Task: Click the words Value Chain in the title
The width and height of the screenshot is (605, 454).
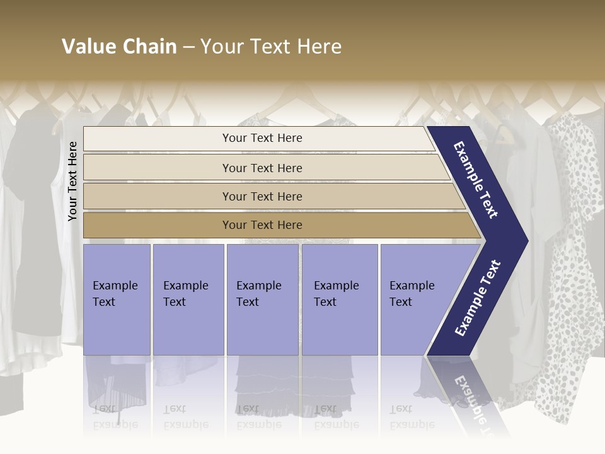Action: click(x=119, y=47)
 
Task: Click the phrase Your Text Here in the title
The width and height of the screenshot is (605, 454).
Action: click(x=271, y=47)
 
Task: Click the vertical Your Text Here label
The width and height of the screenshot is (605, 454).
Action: click(x=72, y=181)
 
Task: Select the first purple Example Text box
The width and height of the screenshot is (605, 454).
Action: click(x=117, y=300)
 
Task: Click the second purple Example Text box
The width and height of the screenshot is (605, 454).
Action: click(x=188, y=300)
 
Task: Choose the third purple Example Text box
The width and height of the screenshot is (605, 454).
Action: click(x=262, y=300)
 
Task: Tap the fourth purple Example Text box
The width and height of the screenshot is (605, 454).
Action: click(x=339, y=300)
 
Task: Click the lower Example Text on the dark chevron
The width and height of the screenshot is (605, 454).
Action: click(x=477, y=298)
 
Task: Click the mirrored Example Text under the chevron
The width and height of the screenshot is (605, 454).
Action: click(x=470, y=397)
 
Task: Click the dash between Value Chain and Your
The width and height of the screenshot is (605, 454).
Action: click(x=188, y=47)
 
